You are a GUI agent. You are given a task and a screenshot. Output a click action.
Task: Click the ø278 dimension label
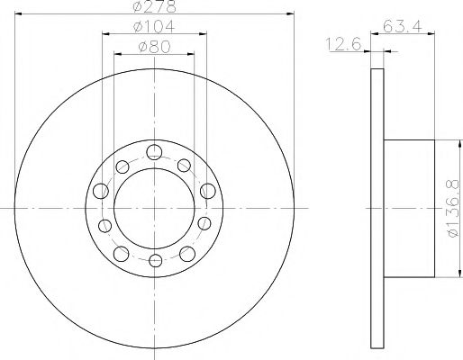[154, 6]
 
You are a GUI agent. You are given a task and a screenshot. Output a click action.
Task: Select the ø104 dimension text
[154, 27]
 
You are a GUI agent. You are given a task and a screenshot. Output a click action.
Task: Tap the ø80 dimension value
[154, 47]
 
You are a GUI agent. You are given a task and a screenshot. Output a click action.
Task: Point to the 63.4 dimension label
[403, 26]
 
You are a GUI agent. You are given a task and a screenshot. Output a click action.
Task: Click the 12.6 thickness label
[343, 45]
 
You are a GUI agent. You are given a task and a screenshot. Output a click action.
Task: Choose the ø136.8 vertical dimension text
[453, 208]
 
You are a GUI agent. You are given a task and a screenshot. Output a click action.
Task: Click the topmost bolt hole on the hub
[154, 152]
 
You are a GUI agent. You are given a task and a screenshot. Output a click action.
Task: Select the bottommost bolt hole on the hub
[156, 260]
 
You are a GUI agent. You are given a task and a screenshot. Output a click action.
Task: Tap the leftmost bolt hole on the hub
[101, 191]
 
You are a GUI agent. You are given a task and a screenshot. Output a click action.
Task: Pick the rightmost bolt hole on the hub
[208, 191]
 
